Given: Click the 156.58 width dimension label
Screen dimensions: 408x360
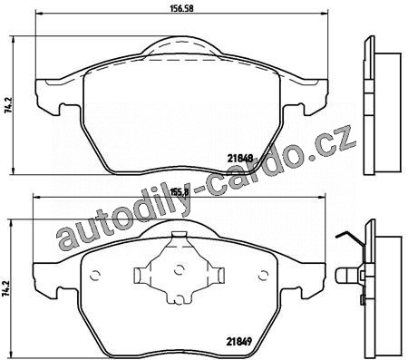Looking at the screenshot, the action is (181, 8).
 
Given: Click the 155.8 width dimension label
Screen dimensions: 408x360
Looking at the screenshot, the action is (180, 191).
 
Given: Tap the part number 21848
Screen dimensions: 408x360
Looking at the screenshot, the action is (240, 158).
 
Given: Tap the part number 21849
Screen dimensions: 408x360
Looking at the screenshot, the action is (239, 342).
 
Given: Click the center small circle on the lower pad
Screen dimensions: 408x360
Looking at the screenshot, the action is (180, 268).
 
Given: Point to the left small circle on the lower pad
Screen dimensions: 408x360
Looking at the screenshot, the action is (95, 275).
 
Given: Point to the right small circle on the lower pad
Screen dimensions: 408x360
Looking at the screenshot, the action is (264, 275).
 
